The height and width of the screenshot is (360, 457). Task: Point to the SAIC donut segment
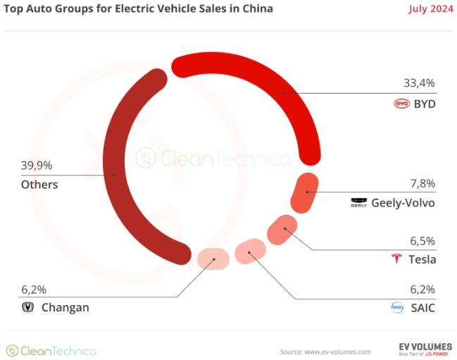[249, 252]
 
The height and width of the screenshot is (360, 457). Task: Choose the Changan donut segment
[213, 259]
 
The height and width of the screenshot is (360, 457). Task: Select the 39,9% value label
[37, 166]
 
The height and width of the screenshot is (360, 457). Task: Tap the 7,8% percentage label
[422, 183]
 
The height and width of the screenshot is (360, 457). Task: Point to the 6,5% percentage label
[422, 240]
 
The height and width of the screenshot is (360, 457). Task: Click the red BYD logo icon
[401, 104]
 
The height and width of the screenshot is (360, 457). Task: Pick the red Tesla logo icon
[396, 259]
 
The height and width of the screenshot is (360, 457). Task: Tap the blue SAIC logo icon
[396, 307]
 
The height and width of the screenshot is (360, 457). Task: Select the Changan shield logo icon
[29, 307]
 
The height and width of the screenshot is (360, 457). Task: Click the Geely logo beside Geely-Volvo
[359, 203]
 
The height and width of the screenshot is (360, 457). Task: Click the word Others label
[39, 185]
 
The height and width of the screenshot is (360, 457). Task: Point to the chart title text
[139, 9]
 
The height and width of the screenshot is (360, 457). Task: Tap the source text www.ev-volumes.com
[325, 351]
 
